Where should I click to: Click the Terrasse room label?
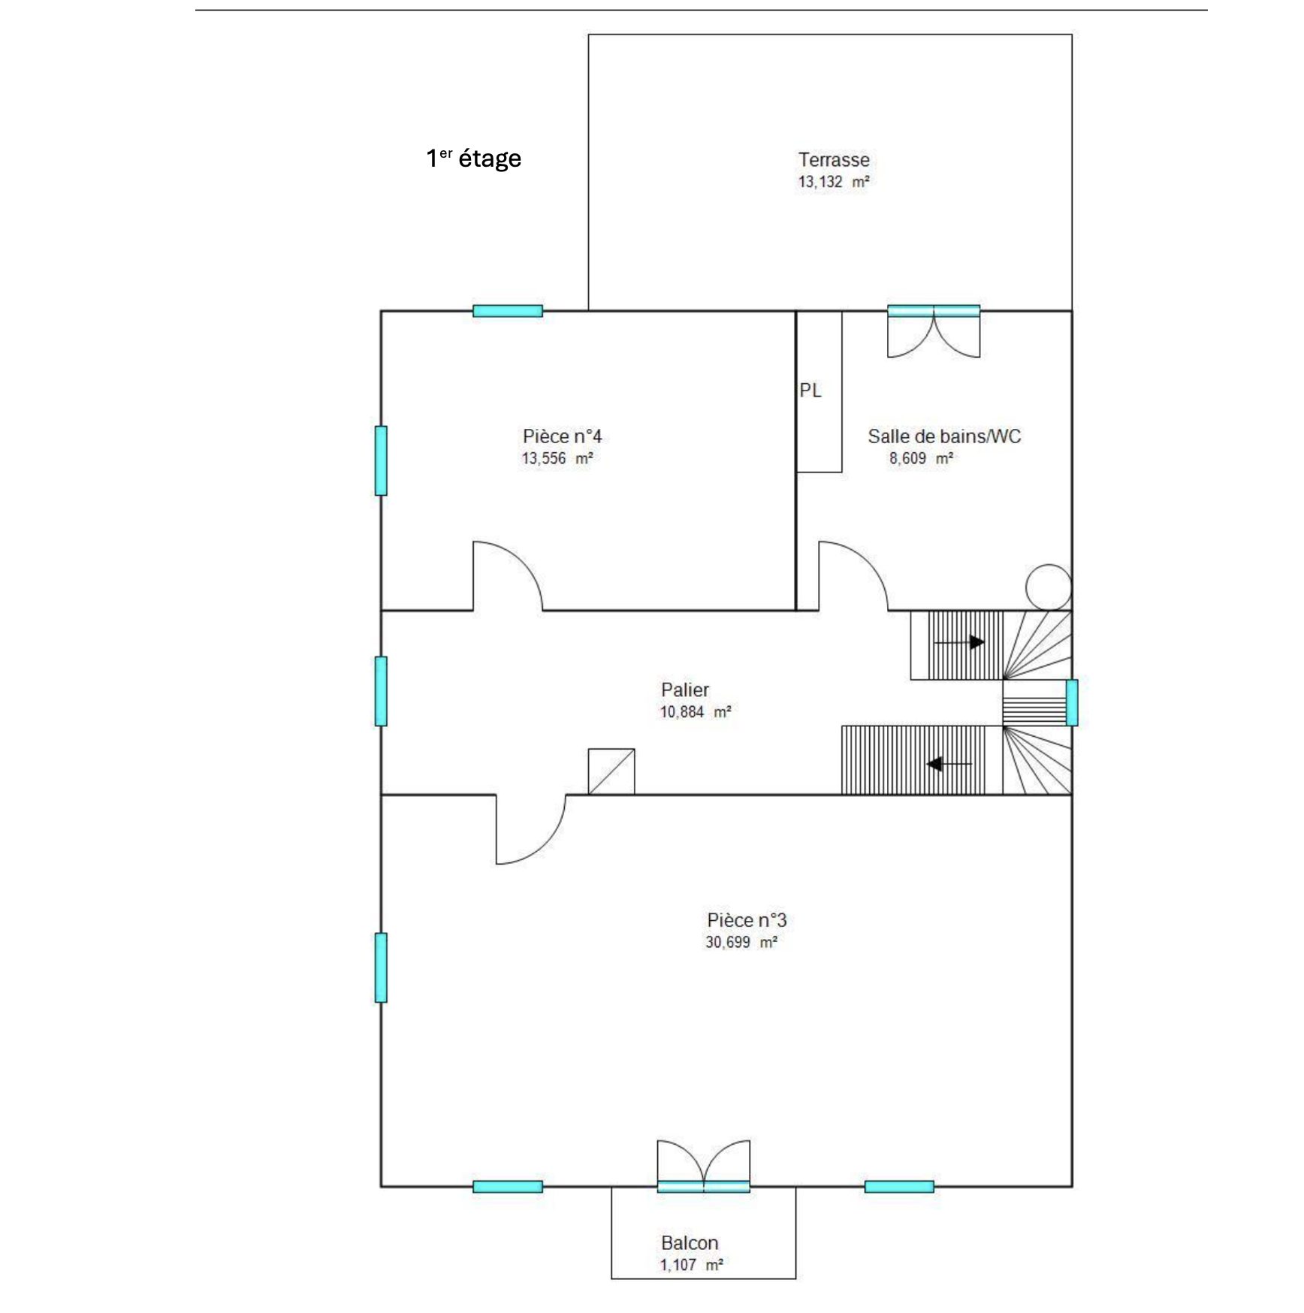834,160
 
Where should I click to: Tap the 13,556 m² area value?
558,458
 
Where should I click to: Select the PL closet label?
810,391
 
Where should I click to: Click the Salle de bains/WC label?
944,436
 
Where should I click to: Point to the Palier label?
685,690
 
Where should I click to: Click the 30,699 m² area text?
741,942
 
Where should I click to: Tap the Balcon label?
690,1243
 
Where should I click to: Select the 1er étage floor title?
474,158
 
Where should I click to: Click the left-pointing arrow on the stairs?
949,764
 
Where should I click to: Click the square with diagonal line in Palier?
611,771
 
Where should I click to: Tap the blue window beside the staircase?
1072,702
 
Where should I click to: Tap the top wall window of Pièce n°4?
508,311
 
